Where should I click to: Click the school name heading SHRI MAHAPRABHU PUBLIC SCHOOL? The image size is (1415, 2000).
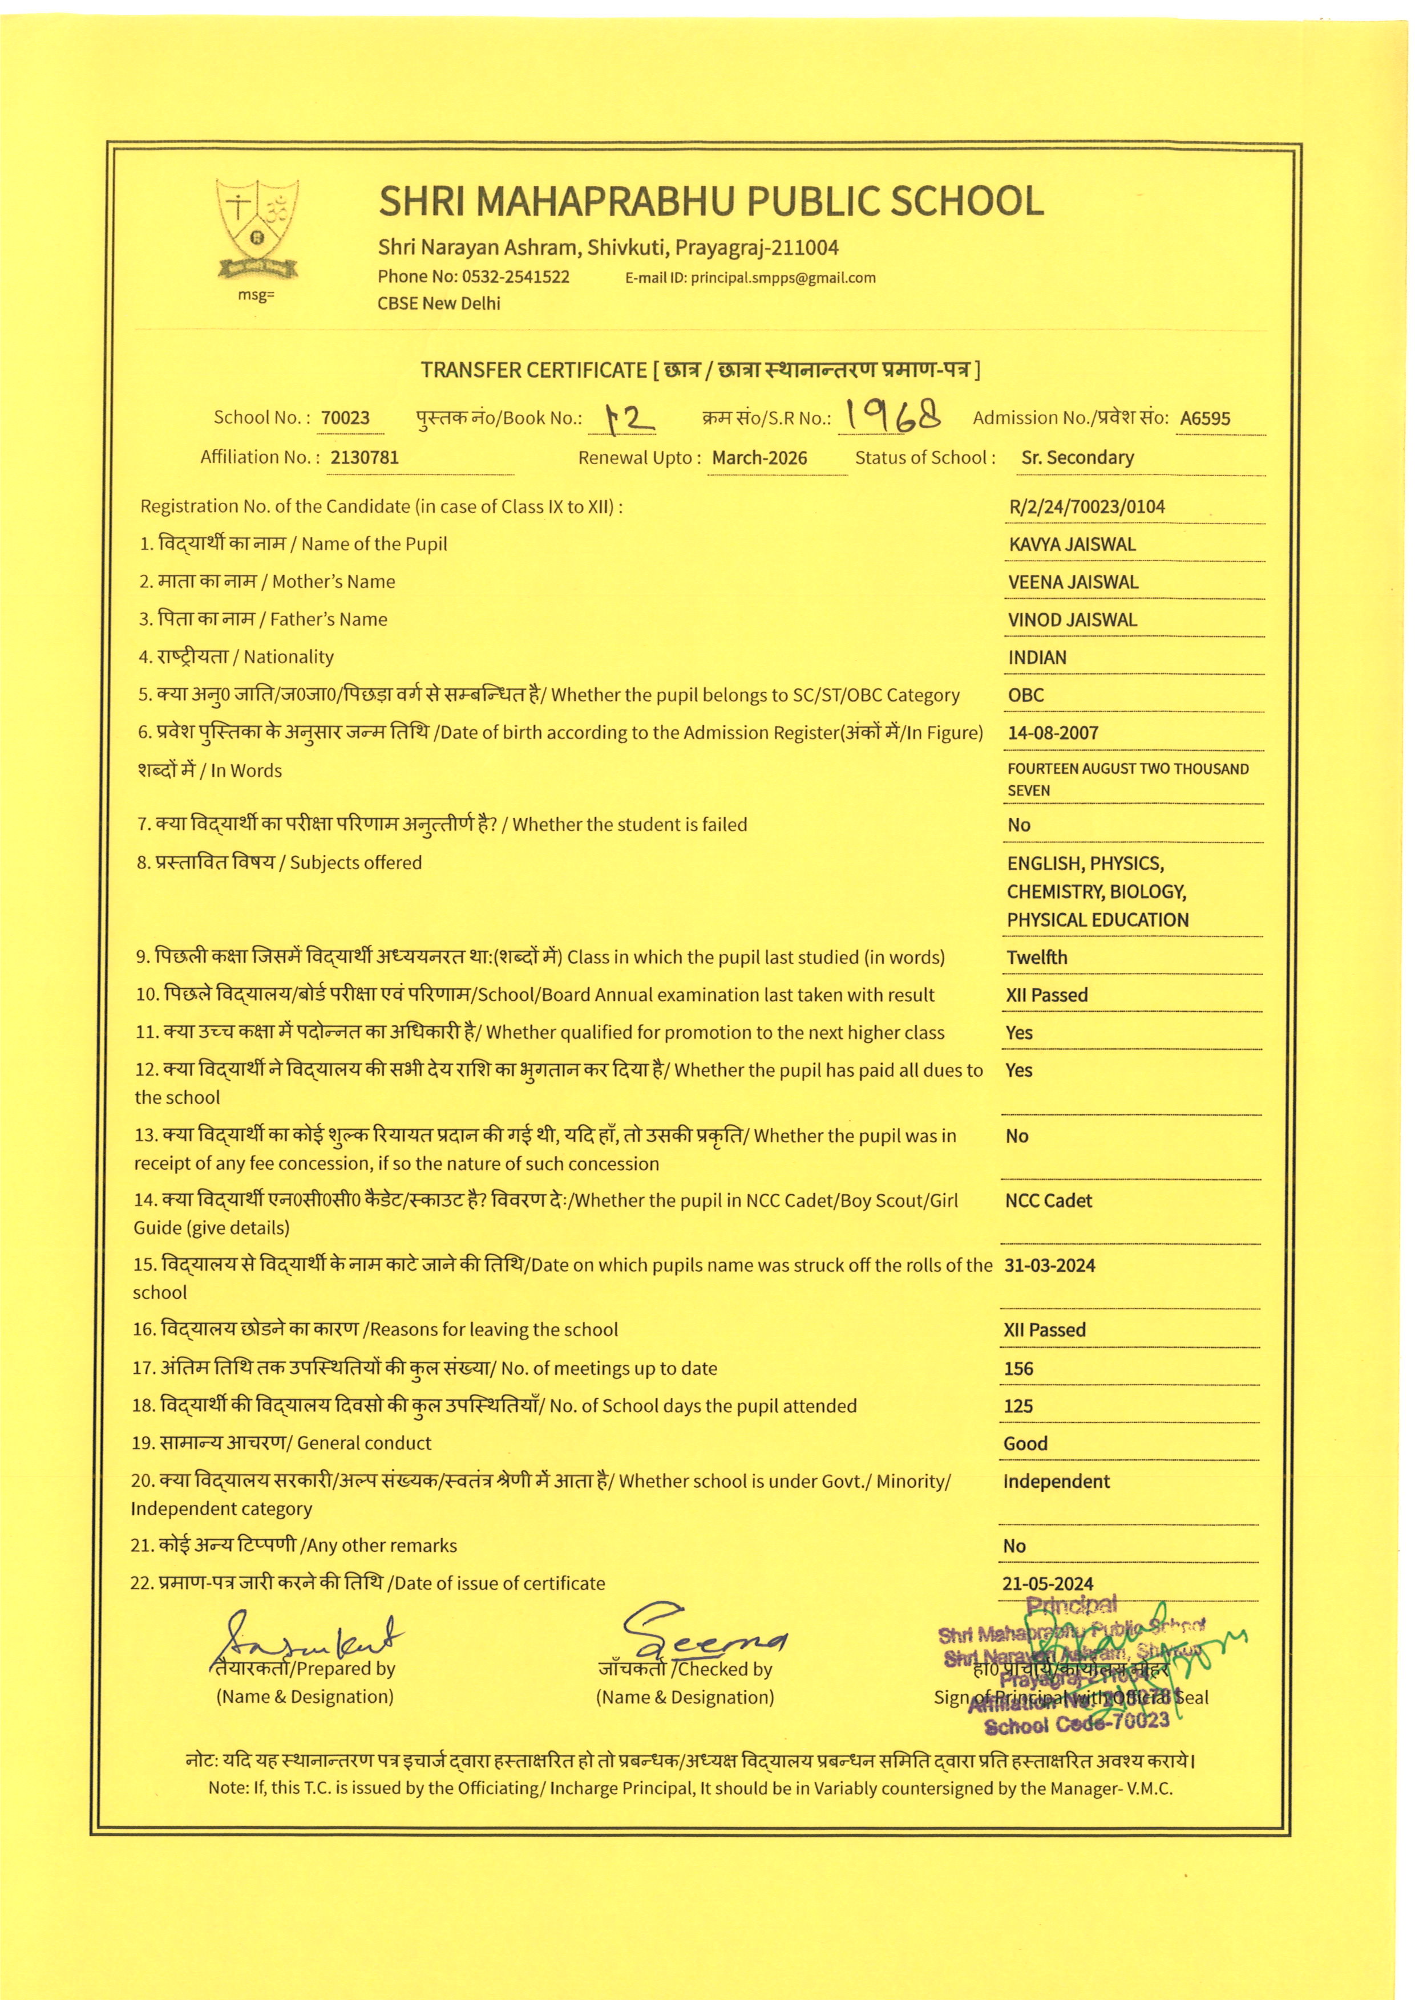710,201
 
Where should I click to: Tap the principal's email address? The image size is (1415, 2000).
782,278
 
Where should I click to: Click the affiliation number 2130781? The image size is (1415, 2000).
364,457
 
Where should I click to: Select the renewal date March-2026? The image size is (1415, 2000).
759,457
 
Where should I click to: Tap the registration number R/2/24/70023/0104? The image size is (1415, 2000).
1086,506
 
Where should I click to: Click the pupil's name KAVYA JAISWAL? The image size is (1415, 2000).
1072,545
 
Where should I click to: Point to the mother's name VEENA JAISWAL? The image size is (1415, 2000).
1073,582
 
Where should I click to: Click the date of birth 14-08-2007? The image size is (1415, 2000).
1053,733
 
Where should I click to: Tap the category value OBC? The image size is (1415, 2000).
1025,695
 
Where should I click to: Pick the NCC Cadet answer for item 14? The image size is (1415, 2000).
1048,1200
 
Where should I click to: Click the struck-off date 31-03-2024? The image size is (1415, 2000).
1049,1265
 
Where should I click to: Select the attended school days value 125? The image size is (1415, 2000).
1018,1406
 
